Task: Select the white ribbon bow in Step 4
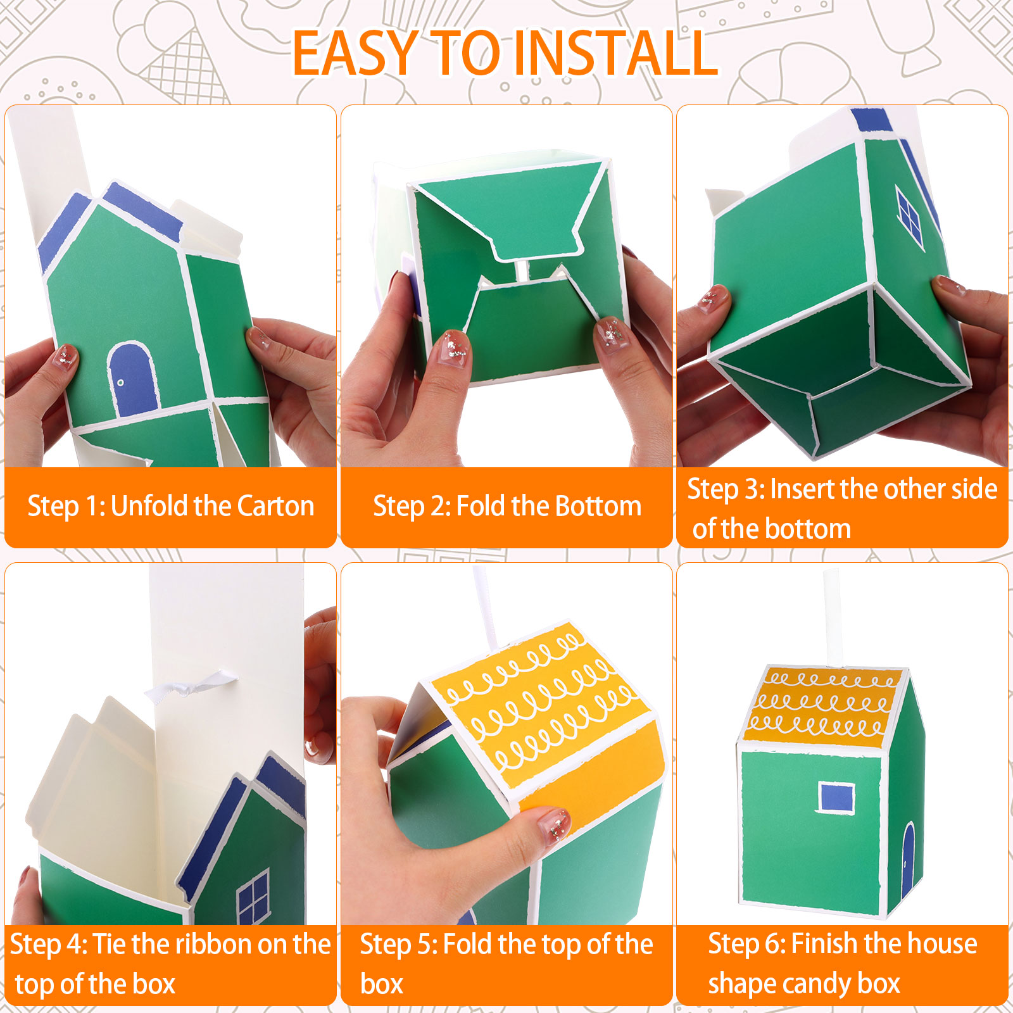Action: [190, 687]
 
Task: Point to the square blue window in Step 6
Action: [836, 797]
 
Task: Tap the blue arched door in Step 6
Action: [909, 859]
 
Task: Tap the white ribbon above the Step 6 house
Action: [831, 617]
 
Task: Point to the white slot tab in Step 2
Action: [521, 269]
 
